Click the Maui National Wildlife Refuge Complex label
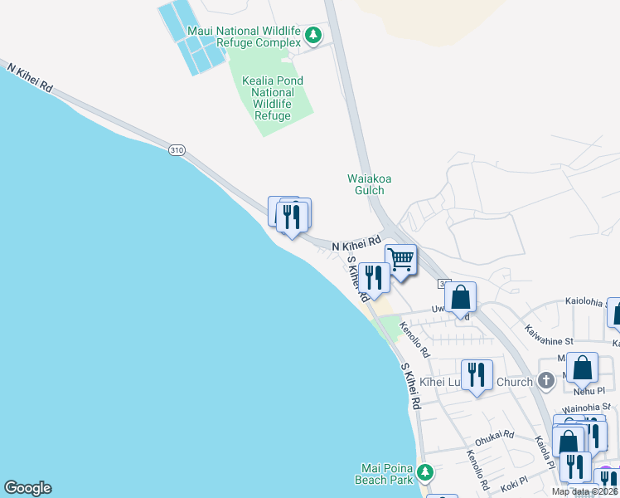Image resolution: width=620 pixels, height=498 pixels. tap(245, 37)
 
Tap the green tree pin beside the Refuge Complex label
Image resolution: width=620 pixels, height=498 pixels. tap(313, 36)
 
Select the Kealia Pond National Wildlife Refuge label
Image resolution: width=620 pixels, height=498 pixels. tap(273, 99)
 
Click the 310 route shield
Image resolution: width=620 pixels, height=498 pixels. tap(177, 150)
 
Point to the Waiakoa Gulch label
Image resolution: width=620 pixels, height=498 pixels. tap(366, 183)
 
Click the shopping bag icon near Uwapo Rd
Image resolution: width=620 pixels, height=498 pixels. tap(460, 297)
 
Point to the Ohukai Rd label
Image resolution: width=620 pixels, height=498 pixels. tap(494, 435)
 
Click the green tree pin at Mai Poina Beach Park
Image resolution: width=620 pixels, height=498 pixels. tap(425, 472)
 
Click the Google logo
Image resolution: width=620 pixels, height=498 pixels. tap(27, 488)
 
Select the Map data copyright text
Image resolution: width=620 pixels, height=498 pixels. tap(584, 491)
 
